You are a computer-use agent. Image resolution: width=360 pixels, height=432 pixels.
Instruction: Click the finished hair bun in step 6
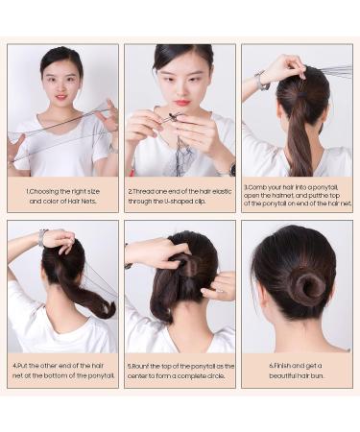point(307,287)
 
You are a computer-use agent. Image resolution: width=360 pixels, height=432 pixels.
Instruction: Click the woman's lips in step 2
point(180,102)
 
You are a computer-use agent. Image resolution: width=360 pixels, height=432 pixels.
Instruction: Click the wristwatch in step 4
point(43,237)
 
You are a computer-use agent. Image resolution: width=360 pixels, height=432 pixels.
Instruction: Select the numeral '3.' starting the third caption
point(247,188)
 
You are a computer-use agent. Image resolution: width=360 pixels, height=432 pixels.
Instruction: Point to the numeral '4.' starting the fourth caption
point(15,366)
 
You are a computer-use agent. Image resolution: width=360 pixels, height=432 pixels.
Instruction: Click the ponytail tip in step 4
point(106,310)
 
